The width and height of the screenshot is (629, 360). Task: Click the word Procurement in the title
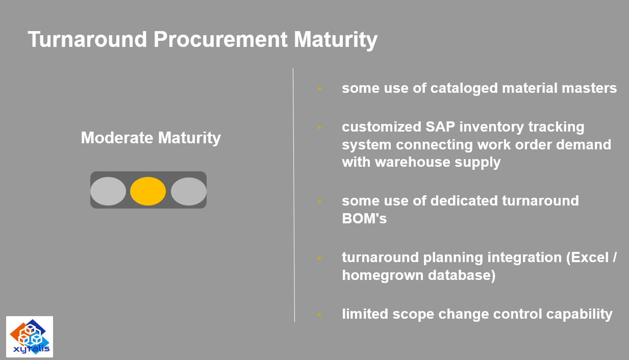click(x=220, y=39)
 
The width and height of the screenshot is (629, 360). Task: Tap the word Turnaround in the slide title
click(x=87, y=39)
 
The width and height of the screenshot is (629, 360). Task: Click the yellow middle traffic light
click(x=148, y=191)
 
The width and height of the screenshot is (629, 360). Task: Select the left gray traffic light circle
click(x=108, y=191)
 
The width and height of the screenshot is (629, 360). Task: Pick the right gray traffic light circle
click(x=189, y=191)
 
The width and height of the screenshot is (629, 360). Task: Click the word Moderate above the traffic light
click(x=117, y=138)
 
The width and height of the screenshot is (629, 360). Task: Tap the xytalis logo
click(x=30, y=337)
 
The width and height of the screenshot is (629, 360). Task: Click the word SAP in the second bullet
click(x=440, y=127)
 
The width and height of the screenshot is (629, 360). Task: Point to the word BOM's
click(x=364, y=218)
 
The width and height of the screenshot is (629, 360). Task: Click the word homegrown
click(x=383, y=275)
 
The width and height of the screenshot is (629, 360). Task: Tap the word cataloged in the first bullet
click(x=464, y=88)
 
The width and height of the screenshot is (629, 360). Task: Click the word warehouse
click(x=413, y=162)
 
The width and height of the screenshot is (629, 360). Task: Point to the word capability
click(x=580, y=315)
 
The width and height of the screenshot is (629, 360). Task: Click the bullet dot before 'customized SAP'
click(x=319, y=127)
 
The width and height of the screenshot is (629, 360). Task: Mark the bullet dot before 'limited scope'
click(x=319, y=315)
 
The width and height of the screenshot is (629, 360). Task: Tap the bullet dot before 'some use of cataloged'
click(x=319, y=89)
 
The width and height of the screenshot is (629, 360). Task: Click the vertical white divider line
click(x=294, y=195)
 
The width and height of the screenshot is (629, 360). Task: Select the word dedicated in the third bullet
click(x=464, y=201)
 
